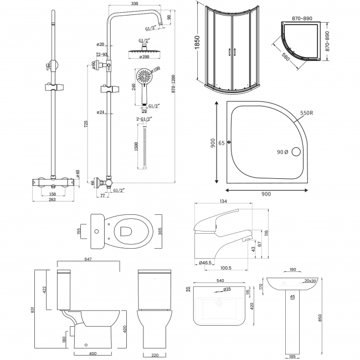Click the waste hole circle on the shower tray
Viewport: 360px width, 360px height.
(295, 151)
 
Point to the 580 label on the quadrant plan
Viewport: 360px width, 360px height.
(285, 57)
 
